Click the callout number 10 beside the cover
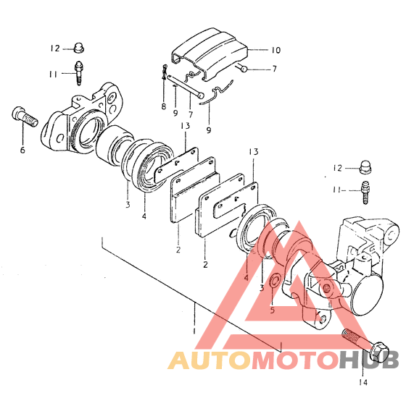coord(275,50)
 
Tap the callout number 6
coord(22,150)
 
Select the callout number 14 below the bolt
coord(363,382)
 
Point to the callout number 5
coord(272,310)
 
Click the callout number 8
coord(164,106)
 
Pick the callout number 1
coord(194,331)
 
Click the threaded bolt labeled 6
coord(25,117)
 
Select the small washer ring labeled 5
coord(275,282)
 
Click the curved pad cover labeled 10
coord(210,53)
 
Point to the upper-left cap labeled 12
coord(78,48)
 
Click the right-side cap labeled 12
coord(366,167)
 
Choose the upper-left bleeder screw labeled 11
coord(79,73)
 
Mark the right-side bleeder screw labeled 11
coord(365,193)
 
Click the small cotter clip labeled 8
coord(165,72)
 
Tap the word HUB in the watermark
coord(368,360)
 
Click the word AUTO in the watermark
coord(210,360)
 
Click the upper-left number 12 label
coord(55,48)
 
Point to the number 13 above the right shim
coord(254,151)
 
